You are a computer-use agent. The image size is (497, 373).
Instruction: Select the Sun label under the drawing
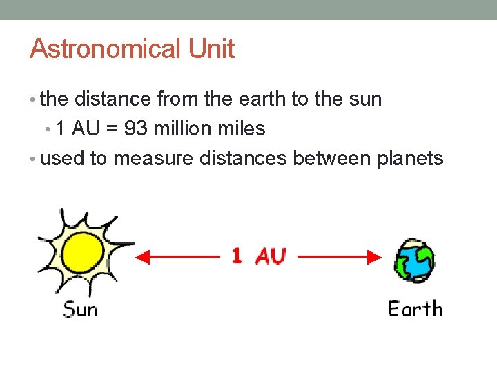pos(80,308)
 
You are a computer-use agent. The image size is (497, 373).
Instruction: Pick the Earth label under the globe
pos(414,308)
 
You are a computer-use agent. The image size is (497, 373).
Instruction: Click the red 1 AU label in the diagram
pos(258,256)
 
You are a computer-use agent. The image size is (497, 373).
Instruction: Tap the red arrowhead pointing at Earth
pos(374,258)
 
